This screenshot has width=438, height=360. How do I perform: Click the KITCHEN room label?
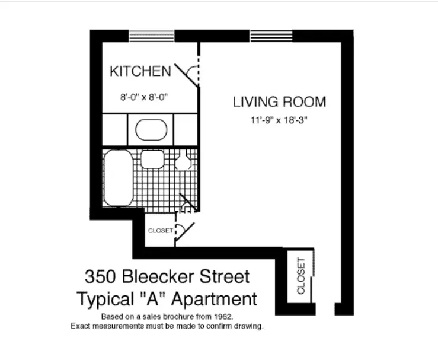pyautogui.click(x=140, y=72)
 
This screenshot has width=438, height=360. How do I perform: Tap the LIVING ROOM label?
pyautogui.click(x=279, y=102)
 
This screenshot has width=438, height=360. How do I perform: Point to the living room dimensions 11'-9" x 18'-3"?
pyautogui.click(x=279, y=121)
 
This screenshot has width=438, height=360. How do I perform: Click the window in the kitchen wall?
pyautogui.click(x=152, y=35)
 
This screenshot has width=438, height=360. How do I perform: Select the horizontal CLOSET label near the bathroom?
pyautogui.click(x=160, y=231)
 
